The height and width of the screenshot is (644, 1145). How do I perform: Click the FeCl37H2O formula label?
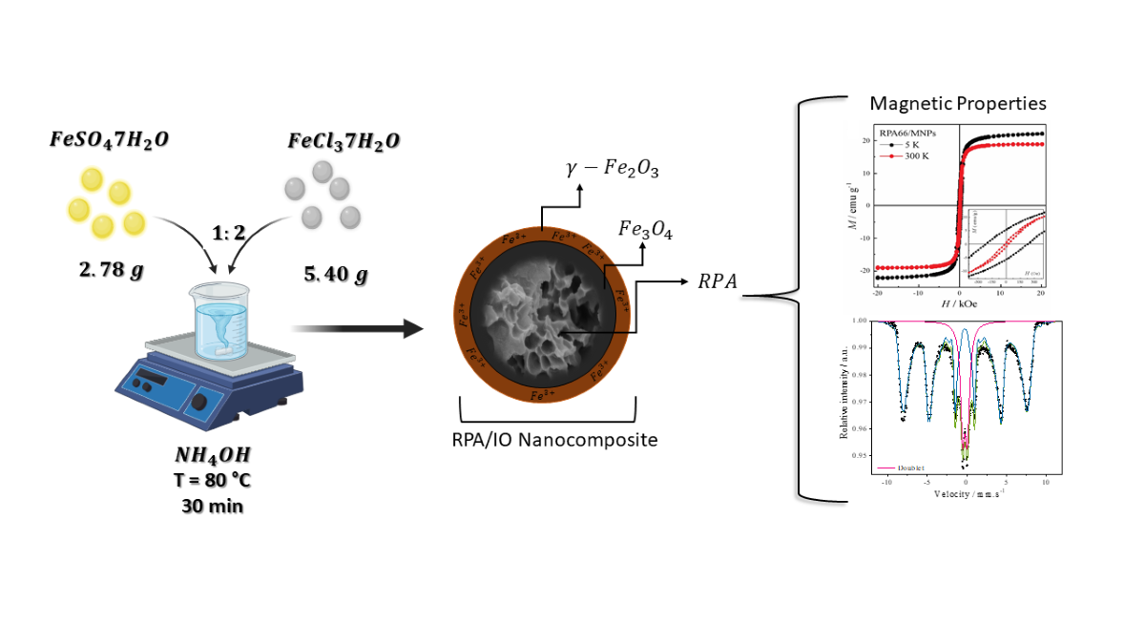(x=343, y=141)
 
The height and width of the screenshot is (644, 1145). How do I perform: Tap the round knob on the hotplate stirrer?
(x=198, y=402)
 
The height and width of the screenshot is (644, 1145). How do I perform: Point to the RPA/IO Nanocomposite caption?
(x=543, y=441)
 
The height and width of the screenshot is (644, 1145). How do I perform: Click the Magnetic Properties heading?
(x=958, y=103)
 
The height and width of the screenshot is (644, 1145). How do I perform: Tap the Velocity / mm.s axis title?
(x=965, y=495)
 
